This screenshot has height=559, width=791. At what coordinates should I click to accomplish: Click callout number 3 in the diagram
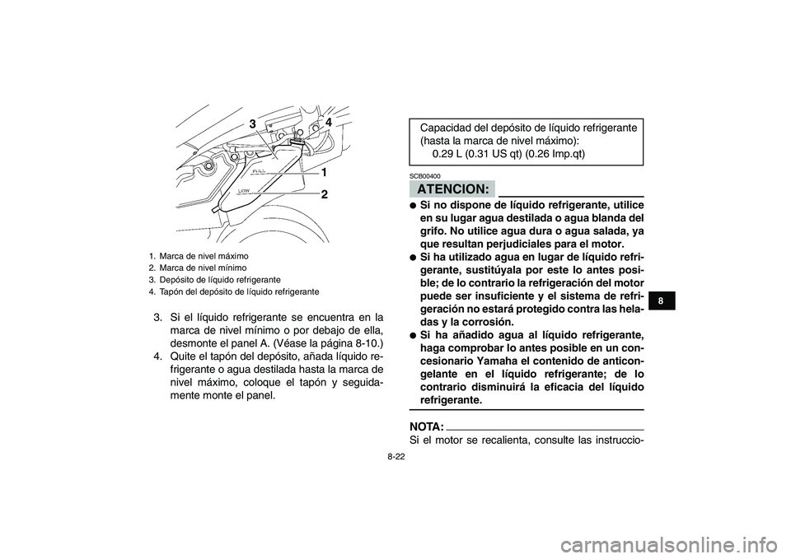255,123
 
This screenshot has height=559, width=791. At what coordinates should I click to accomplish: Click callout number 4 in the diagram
328,122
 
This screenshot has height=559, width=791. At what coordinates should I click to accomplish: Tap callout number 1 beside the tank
325,174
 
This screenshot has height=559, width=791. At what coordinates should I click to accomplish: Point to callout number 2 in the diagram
325,195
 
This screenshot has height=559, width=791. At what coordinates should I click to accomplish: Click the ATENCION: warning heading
451,189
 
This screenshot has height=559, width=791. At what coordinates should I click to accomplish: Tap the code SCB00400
424,176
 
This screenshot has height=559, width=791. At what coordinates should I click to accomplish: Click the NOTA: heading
426,429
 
